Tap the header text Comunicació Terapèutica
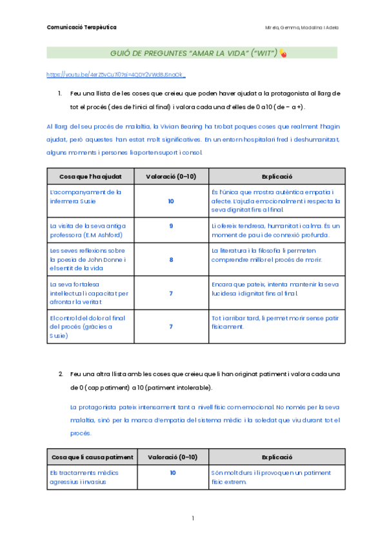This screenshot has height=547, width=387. click(x=81, y=27)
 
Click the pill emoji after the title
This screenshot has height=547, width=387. click(x=283, y=53)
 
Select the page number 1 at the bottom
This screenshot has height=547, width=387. click(x=193, y=518)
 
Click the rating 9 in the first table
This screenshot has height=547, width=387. click(x=171, y=226)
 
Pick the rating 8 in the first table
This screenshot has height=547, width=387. click(x=171, y=260)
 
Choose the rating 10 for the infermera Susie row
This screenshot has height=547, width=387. click(x=171, y=201)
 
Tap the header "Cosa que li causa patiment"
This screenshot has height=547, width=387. click(x=92, y=457)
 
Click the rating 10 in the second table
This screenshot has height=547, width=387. click(x=172, y=473)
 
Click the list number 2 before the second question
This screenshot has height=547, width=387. click(x=61, y=374)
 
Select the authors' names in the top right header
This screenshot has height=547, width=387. click(x=302, y=27)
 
